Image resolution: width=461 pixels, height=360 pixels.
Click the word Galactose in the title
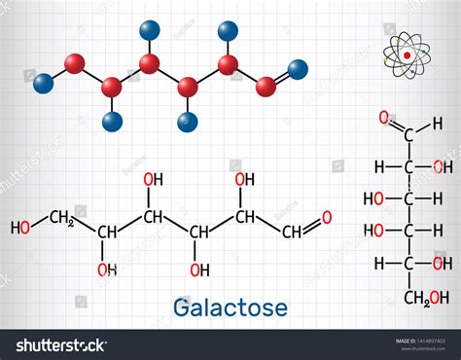(x=230, y=307)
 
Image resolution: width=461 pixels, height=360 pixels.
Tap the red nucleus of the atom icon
(x=407, y=55)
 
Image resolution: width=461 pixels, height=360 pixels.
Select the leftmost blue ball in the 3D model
(x=43, y=84)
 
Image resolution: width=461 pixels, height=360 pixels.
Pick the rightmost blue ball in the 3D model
(x=299, y=68)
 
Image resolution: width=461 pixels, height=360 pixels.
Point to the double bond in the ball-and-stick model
(x=282, y=77)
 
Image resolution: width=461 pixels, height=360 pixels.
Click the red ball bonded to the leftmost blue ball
(x=74, y=64)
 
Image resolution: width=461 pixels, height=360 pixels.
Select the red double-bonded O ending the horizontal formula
(x=327, y=217)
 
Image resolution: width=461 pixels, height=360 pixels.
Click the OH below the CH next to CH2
(x=106, y=269)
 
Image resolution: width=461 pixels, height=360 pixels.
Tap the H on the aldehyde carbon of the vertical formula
(x=438, y=124)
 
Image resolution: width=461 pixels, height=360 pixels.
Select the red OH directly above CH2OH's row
(x=442, y=264)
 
